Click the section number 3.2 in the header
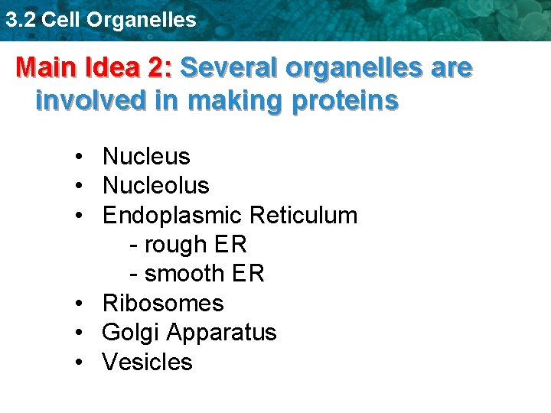(x=20, y=20)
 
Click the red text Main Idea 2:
(x=94, y=69)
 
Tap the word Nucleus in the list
(x=146, y=157)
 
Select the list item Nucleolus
(x=155, y=186)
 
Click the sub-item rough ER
(x=188, y=245)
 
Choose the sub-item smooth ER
(x=197, y=274)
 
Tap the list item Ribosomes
(x=163, y=304)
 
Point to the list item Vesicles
(x=147, y=362)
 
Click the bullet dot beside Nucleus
(x=80, y=158)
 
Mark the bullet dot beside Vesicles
(x=80, y=363)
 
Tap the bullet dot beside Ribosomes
(x=80, y=304)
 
